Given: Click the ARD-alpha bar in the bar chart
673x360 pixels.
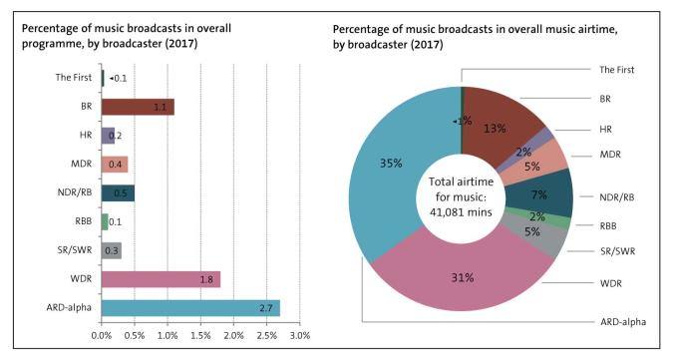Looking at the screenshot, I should pyautogui.click(x=189, y=306).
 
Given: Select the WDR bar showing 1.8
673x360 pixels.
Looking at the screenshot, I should pyautogui.click(x=160, y=278).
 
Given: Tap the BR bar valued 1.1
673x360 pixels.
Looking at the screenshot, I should pyautogui.click(x=137, y=107).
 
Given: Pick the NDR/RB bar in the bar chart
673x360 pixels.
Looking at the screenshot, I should pyautogui.click(x=118, y=192).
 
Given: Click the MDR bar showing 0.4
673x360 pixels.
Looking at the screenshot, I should pyautogui.click(x=114, y=164).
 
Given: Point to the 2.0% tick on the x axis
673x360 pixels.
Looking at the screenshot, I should pyautogui.click(x=233, y=336).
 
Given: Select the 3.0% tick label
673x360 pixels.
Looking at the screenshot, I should pyautogui.click(x=299, y=336).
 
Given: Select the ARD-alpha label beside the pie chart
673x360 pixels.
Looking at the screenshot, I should pyautogui.click(x=623, y=322).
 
